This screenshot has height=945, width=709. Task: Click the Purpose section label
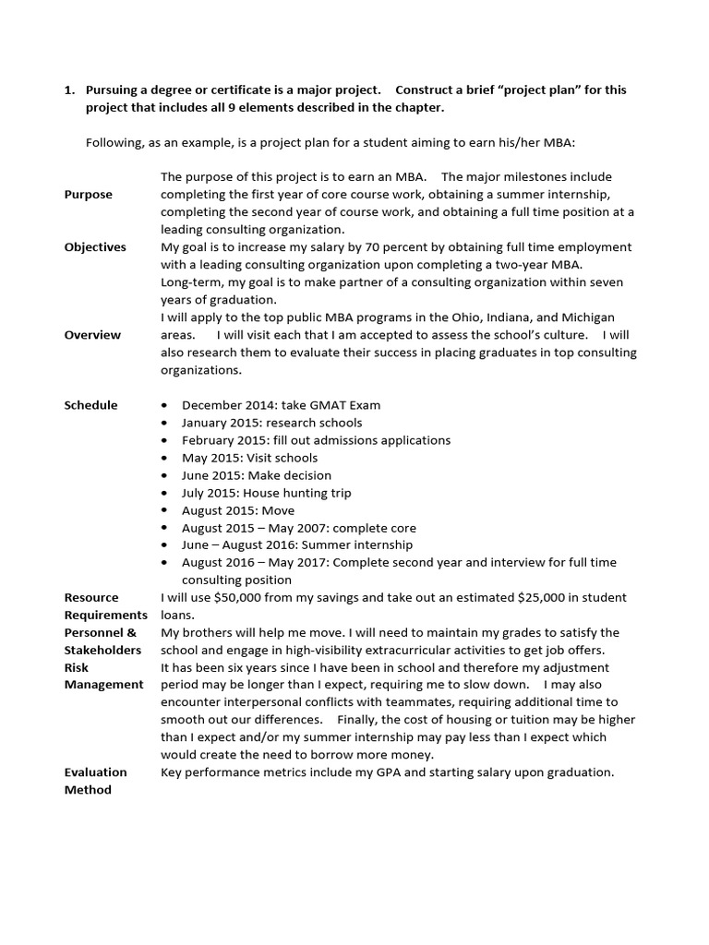[88, 195]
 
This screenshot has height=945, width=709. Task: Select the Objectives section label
[95, 247]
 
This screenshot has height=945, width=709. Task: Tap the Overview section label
[92, 335]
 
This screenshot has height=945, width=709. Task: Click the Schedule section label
[90, 405]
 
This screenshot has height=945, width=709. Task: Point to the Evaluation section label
[95, 772]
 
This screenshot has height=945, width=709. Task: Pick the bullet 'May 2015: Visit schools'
[249, 458]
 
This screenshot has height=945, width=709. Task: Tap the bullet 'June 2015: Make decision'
[256, 475]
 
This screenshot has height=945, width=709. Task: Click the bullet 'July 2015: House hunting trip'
[266, 493]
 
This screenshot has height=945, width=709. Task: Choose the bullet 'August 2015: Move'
[238, 510]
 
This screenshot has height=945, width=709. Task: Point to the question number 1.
[69, 90]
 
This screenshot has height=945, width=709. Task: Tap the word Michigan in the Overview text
[588, 317]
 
